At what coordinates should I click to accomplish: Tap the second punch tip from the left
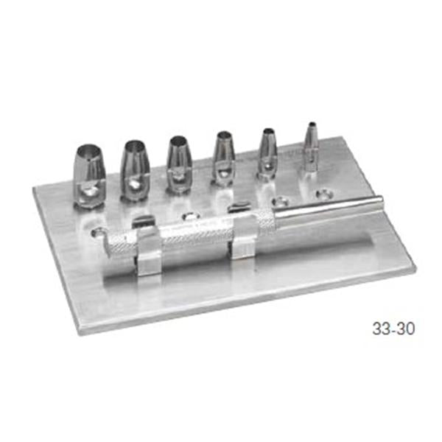pyautogui.click(x=136, y=171)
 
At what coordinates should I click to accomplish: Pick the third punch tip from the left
pyautogui.click(x=179, y=164)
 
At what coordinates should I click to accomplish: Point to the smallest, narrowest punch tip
pyautogui.click(x=312, y=147)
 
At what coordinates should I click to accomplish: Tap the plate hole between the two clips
pyautogui.click(x=190, y=217)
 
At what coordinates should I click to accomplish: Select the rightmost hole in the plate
pyautogui.click(x=323, y=195)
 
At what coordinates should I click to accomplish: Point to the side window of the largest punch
pyautogui.click(x=89, y=191)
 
